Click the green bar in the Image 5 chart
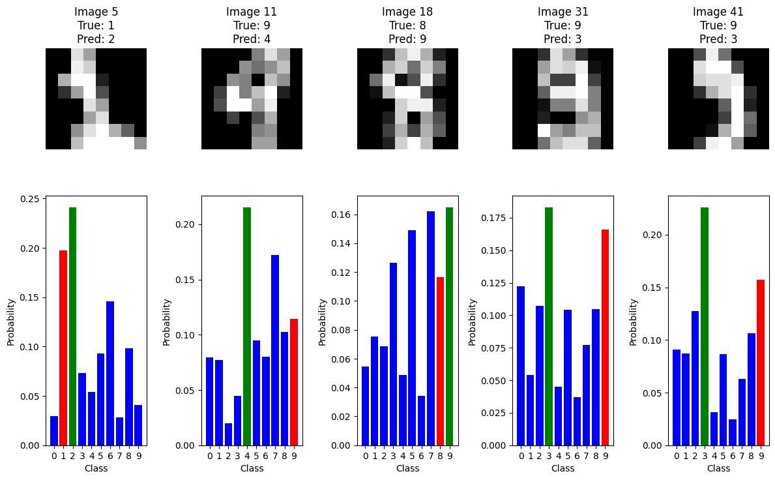click(73, 326)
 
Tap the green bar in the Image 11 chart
click(247, 326)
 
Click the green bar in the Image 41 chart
click(705, 326)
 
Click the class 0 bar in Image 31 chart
click(521, 366)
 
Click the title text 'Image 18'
click(407, 12)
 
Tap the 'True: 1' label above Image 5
click(96, 25)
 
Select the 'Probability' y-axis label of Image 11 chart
click(167, 322)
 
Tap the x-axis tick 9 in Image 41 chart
click(761, 455)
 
